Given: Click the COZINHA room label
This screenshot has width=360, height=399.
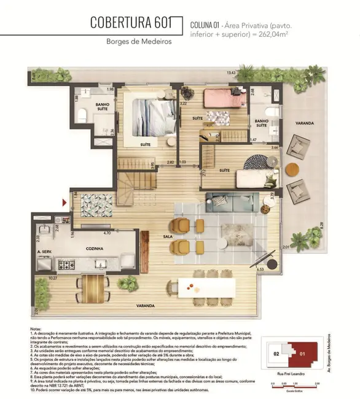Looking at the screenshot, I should [x=94, y=249].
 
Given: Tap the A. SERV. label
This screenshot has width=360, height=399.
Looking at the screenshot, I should [x=44, y=252].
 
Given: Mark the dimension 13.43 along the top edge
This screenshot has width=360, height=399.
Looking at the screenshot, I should [x=232, y=73].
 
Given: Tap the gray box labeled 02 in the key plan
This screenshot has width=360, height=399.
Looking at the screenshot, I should [x=277, y=354].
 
